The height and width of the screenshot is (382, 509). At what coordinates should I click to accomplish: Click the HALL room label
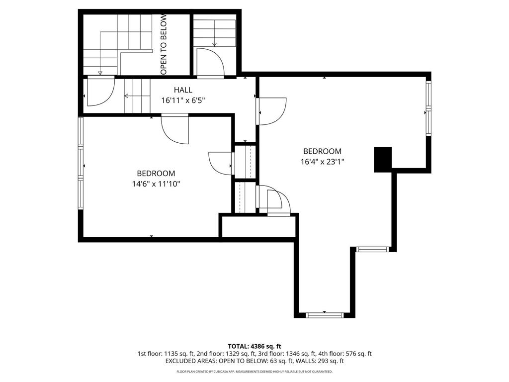[183, 90]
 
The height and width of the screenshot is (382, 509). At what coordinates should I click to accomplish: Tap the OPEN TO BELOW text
[164, 44]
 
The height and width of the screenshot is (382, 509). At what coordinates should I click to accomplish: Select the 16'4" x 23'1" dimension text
[322, 162]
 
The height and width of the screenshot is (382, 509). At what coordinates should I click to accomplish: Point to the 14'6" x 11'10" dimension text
[156, 184]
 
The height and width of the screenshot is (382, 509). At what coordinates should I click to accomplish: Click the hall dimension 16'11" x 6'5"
[183, 100]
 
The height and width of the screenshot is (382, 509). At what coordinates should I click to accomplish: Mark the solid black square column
[383, 160]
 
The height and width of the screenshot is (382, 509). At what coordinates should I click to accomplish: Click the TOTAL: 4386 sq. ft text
[254, 346]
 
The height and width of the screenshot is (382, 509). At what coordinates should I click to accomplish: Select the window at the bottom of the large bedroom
[325, 315]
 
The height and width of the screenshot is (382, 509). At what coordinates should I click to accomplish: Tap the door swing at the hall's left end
[101, 92]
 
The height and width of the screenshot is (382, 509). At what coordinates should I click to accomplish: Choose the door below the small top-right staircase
[211, 63]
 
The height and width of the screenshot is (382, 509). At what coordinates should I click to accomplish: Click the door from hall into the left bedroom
[175, 129]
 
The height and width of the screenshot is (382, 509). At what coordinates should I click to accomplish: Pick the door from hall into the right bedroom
[271, 111]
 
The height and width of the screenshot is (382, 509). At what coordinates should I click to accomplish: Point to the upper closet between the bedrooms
[245, 162]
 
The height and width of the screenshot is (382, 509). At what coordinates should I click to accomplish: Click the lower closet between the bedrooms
[245, 197]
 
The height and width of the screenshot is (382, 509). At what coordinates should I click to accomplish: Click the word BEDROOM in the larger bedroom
[322, 151]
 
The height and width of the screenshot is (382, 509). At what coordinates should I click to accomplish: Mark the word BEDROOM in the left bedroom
[156, 174]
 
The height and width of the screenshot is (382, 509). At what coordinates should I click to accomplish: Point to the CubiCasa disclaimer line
[254, 372]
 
